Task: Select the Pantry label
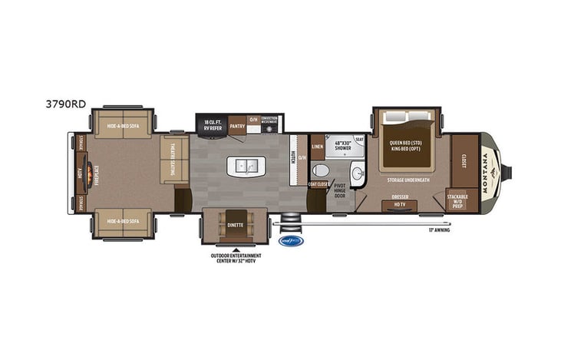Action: tap(237, 121)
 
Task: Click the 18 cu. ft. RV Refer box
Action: tap(213, 124)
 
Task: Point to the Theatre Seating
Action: tap(173, 160)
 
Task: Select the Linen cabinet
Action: tap(317, 145)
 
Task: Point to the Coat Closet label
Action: tap(318, 183)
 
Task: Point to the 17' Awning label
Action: tap(438, 230)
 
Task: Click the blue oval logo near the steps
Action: tap(291, 240)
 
